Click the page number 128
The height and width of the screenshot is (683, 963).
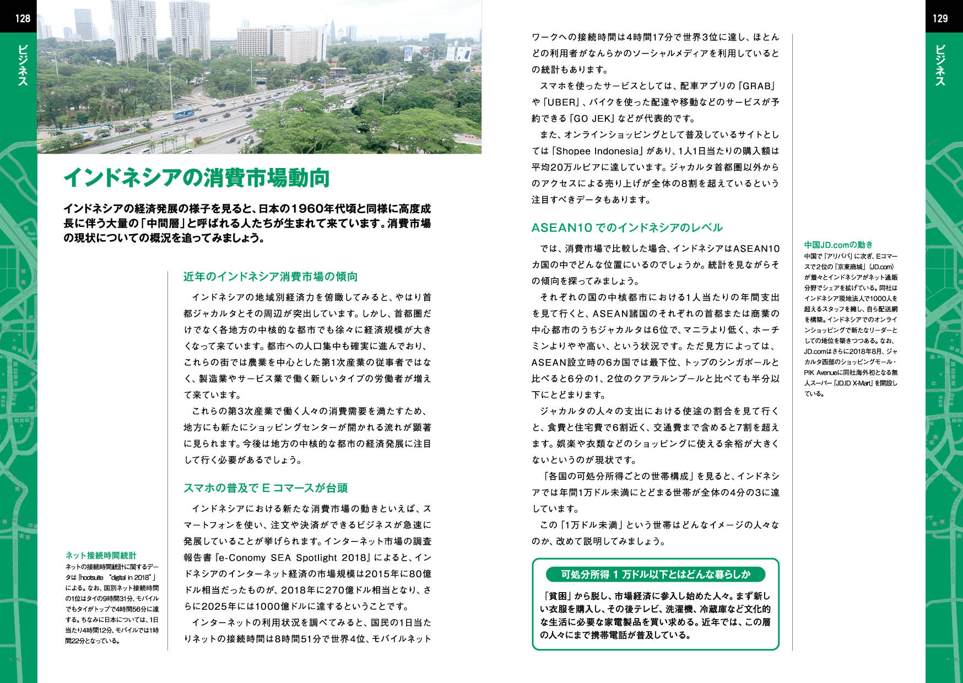[23, 18]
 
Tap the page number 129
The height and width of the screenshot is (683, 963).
[940, 18]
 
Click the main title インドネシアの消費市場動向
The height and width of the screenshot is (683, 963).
[196, 178]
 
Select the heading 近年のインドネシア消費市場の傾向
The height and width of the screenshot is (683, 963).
[270, 277]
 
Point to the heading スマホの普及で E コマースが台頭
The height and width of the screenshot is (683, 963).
[266, 488]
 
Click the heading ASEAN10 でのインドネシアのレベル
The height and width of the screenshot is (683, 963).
[627, 227]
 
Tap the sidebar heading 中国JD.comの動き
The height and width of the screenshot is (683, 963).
[838, 245]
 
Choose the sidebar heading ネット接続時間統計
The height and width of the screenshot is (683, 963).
[101, 556]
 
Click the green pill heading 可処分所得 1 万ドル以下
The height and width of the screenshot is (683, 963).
[655, 574]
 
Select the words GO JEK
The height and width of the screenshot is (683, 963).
[593, 118]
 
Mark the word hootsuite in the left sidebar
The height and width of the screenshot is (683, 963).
[92, 577]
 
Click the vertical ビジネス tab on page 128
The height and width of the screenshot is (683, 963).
[23, 65]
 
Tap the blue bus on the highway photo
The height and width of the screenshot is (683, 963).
[183, 114]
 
